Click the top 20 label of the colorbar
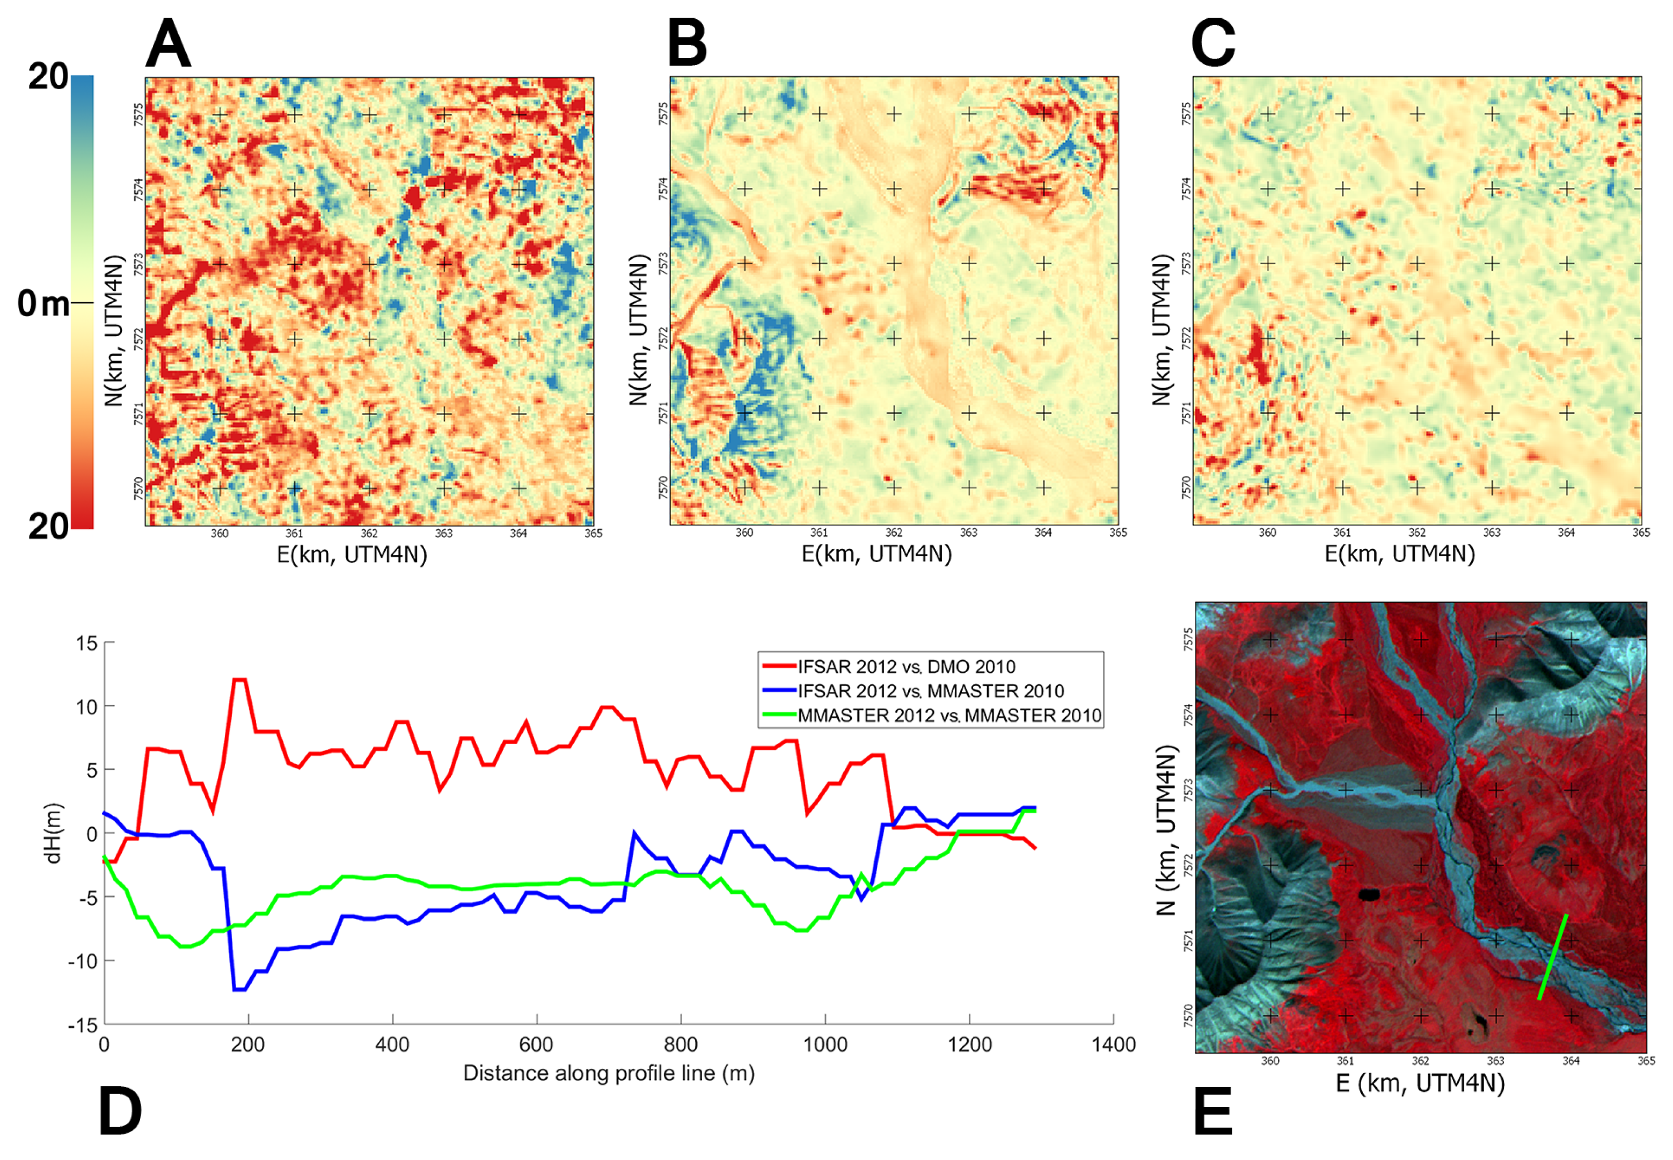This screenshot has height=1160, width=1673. pos(48,76)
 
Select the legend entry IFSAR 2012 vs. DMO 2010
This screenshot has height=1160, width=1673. pos(905,667)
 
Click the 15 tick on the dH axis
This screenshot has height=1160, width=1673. pos(86,643)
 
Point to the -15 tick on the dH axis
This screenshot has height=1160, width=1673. pos(82,1025)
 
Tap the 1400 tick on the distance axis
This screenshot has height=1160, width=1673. pos(1113,1045)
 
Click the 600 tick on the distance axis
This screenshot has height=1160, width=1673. pos(536,1045)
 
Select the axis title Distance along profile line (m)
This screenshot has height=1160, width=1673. pos(608,1074)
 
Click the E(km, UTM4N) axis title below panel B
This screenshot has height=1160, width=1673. pos(876,555)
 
